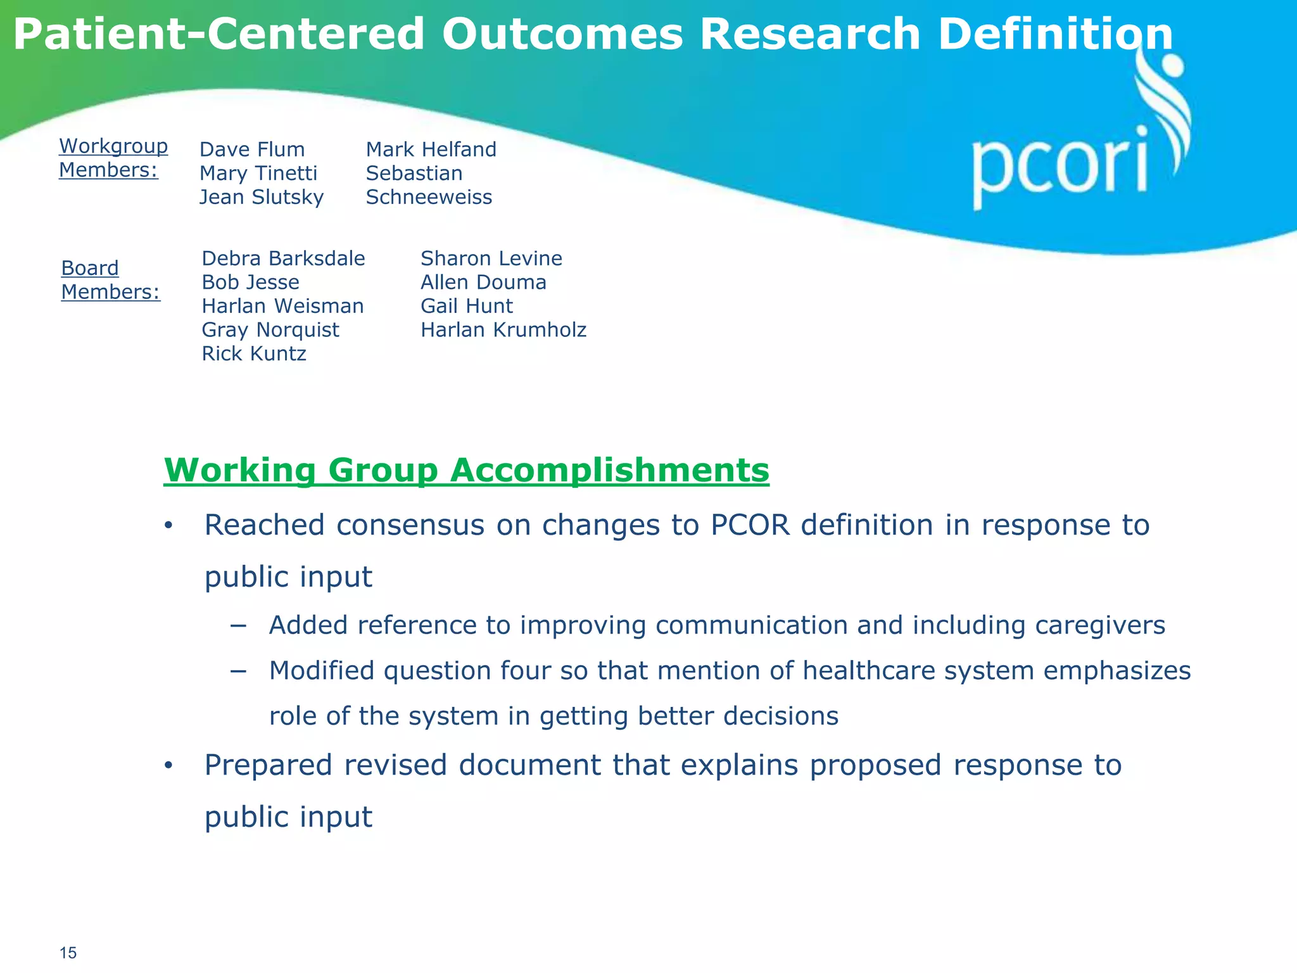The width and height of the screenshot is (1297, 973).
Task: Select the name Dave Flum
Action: [x=252, y=149]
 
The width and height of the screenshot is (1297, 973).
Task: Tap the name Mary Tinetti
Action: [x=258, y=174]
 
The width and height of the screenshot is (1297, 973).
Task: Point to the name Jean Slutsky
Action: [x=262, y=197]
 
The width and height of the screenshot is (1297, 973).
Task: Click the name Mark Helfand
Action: [x=431, y=149]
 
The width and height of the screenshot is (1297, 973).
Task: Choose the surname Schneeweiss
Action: [x=429, y=197]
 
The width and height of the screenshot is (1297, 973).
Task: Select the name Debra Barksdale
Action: [x=283, y=258]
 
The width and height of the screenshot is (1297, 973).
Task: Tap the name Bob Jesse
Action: [x=250, y=283]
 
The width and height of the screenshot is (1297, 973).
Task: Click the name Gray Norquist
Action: [x=270, y=330]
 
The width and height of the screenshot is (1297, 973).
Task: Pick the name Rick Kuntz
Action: [x=254, y=353]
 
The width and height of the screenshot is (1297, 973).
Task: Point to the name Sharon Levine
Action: [x=491, y=258]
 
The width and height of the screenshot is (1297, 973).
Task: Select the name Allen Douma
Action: [x=483, y=283]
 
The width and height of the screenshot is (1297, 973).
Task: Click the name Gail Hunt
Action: [x=467, y=306]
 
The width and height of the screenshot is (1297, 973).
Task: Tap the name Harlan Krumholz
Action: [x=503, y=330]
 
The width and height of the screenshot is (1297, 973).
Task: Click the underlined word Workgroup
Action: [x=113, y=146]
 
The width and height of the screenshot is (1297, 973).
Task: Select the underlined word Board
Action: [x=90, y=268]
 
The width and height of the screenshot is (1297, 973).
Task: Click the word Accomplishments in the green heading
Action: [x=609, y=470]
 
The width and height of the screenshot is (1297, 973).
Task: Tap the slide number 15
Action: [x=68, y=953]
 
